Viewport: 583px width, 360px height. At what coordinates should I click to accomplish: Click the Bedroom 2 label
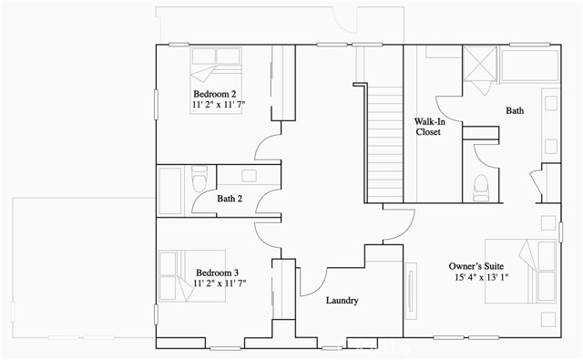pos(215,94)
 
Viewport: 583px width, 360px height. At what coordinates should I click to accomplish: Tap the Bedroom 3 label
pos(217,273)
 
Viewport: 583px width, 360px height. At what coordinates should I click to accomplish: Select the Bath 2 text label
pos(229,199)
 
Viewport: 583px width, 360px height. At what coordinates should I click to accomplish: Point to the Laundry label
pos(341,301)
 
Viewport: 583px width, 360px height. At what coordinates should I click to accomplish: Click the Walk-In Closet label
pos(427,126)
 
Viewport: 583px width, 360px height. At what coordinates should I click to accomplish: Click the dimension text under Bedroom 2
pos(219,106)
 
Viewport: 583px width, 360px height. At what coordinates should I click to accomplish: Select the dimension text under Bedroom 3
pos(219,284)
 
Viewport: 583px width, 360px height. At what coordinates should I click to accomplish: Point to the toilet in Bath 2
pos(200,178)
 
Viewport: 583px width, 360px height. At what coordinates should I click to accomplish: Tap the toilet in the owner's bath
pos(483,185)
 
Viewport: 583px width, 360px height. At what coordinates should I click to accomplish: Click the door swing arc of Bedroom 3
pos(267,233)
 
